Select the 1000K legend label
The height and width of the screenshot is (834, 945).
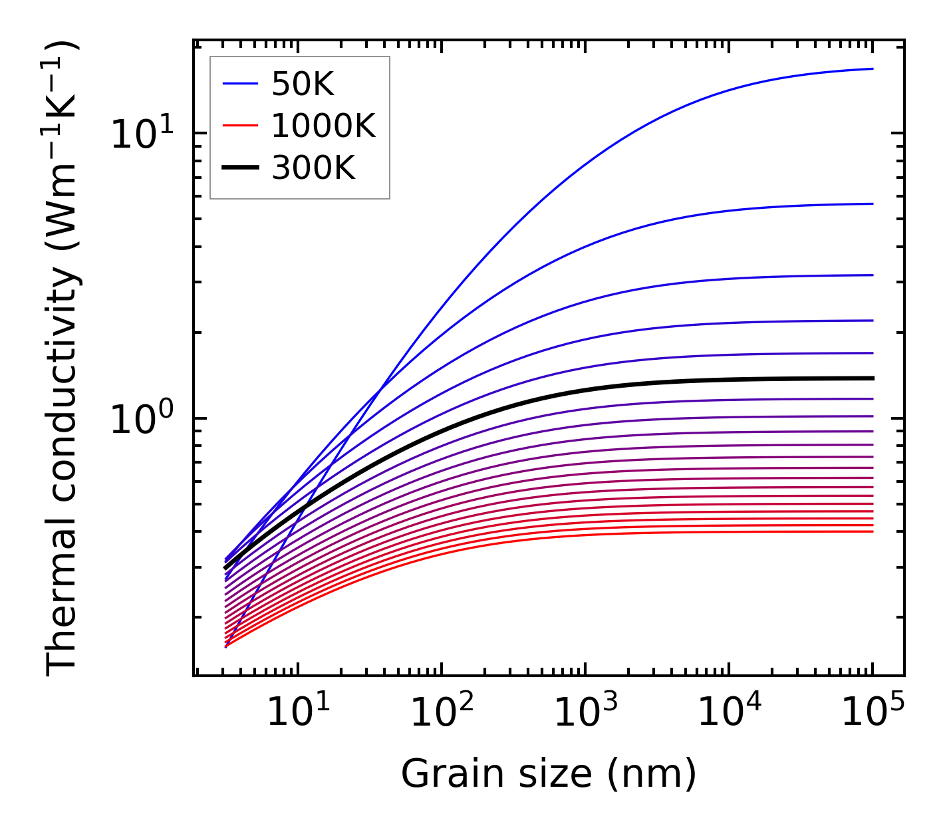(x=323, y=126)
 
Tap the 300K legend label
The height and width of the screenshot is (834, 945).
(x=313, y=168)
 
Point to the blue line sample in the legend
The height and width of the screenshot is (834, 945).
(x=239, y=84)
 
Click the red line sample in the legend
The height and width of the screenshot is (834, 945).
(x=239, y=126)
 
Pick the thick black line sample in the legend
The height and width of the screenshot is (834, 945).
(x=239, y=168)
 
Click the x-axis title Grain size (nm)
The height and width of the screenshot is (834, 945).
(x=549, y=774)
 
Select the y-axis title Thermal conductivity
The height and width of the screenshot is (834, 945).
(x=63, y=359)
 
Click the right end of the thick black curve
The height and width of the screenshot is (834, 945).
(x=872, y=378)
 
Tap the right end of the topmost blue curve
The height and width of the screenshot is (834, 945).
(x=872, y=69)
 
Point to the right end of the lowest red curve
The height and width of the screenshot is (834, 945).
(x=872, y=531)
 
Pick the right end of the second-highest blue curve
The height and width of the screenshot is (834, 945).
(x=872, y=204)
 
